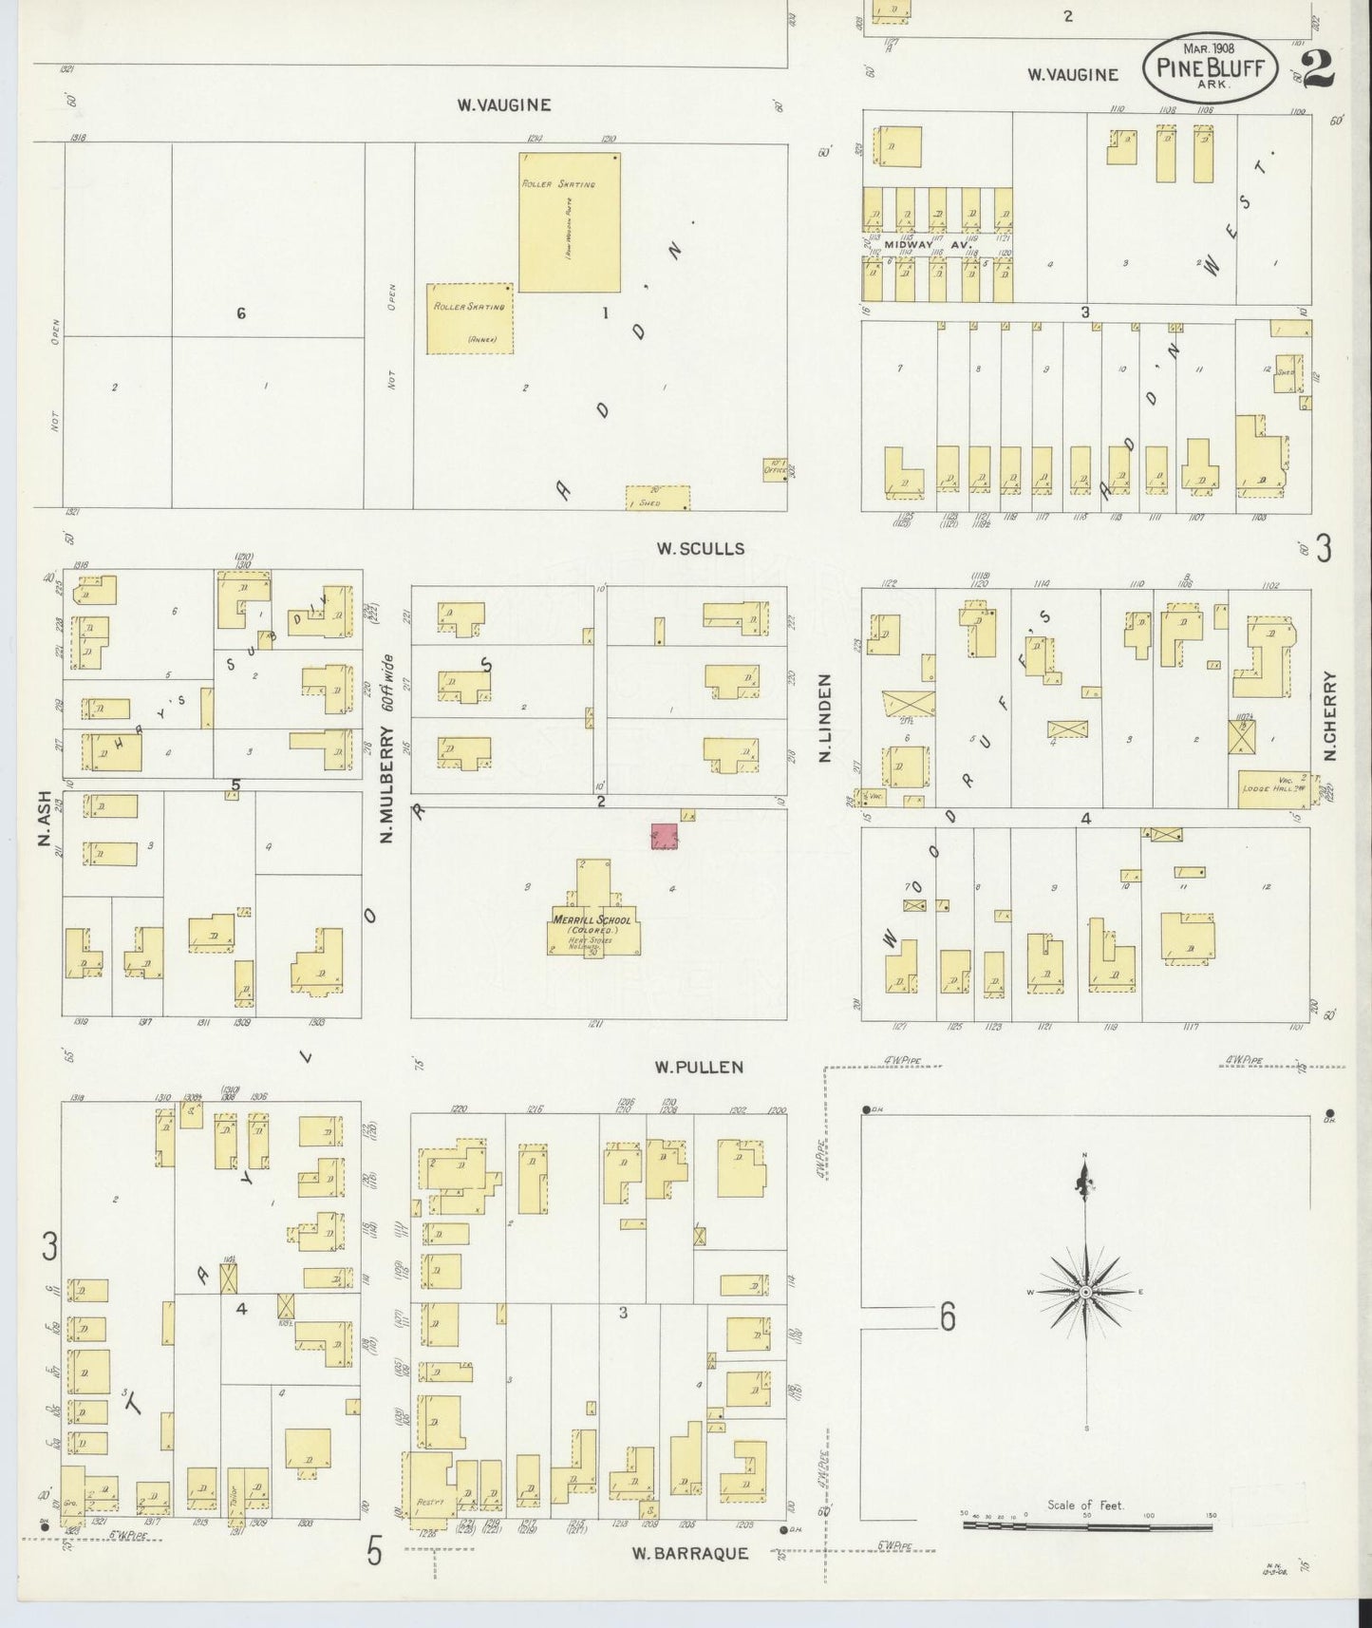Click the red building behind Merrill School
(x=665, y=836)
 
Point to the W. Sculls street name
(x=700, y=548)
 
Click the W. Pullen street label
(x=699, y=1067)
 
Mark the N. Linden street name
(x=824, y=718)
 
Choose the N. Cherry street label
(x=1329, y=716)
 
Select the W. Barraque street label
(x=690, y=1553)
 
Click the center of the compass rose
(x=1084, y=1293)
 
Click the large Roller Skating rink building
(x=569, y=221)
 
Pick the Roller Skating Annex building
(x=469, y=318)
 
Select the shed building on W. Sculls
(x=657, y=498)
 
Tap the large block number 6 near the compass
(x=947, y=1316)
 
